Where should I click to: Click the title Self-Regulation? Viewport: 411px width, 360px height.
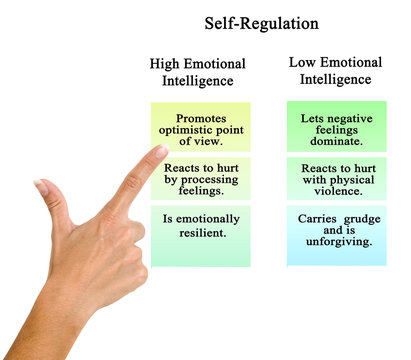(x=262, y=22)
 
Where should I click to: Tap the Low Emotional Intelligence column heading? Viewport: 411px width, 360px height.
(x=335, y=71)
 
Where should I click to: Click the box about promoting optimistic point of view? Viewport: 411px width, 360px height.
(x=201, y=127)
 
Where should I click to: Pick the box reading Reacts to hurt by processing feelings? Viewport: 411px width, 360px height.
(x=201, y=179)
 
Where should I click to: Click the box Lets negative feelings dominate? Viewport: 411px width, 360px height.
(x=335, y=126)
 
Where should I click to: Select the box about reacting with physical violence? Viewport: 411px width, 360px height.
(x=335, y=179)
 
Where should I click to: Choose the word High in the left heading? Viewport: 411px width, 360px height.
(x=167, y=64)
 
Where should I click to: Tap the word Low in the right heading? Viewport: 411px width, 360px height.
(x=304, y=62)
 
